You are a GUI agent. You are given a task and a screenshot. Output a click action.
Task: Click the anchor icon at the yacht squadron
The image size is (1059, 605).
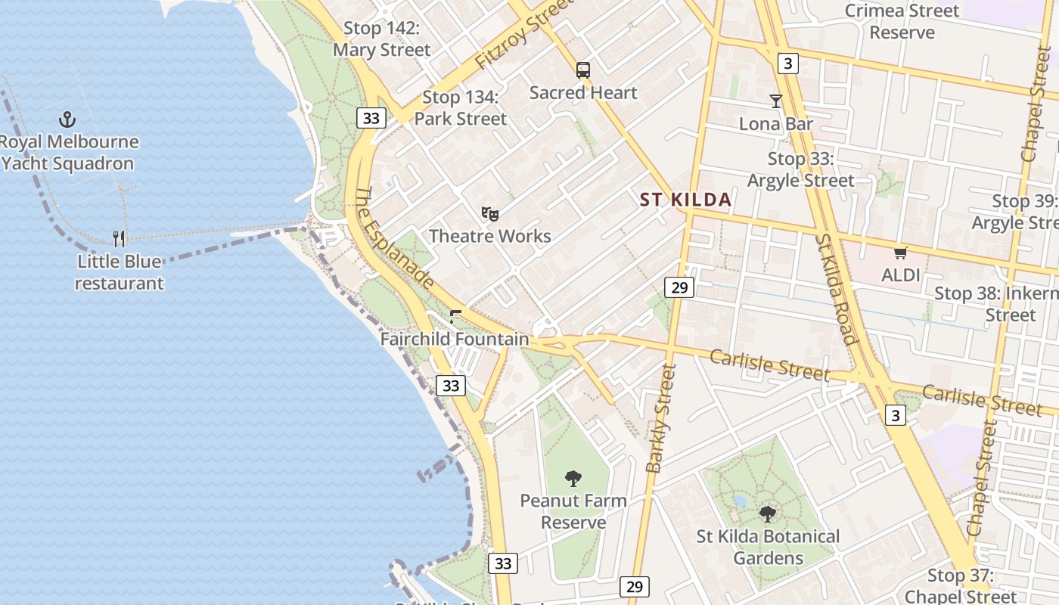pos(67,119)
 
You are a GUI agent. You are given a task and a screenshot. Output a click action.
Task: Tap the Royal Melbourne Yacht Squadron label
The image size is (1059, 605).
pos(68,153)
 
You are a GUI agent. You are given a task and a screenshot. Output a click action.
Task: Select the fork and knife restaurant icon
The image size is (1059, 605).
pos(119,239)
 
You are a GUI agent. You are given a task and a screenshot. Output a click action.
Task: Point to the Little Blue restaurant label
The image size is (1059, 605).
pos(120,273)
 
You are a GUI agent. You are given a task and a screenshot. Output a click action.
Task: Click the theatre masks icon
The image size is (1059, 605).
pos(490,215)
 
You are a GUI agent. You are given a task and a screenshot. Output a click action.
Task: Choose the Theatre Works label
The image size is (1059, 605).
pos(490,236)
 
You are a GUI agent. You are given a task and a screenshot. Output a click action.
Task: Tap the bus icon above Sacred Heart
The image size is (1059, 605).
pos(582,70)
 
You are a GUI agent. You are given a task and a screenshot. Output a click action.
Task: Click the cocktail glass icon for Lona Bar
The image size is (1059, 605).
pos(775,101)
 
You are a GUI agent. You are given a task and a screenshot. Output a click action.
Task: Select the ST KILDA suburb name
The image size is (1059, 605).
pos(685,200)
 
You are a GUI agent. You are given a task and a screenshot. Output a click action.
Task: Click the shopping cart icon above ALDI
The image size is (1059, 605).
pos(900,253)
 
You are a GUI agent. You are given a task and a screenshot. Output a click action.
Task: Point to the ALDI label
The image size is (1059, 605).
pos(900,275)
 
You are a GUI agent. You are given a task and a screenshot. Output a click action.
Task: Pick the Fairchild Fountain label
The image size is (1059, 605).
pos(454,339)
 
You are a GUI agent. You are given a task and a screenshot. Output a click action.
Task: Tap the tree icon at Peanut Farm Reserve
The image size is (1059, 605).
pos(573,479)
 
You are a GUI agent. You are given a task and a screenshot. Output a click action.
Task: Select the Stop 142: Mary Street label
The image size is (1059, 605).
pos(381,39)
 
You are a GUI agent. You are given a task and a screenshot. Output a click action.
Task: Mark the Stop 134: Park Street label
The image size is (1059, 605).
pos(460,108)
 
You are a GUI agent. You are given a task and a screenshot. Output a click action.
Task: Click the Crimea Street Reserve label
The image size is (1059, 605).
pos(902,21)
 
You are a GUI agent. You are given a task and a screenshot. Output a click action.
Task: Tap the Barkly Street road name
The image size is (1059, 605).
pos(660,418)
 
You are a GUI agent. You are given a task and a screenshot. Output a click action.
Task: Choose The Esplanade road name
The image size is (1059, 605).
pos(394,237)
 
